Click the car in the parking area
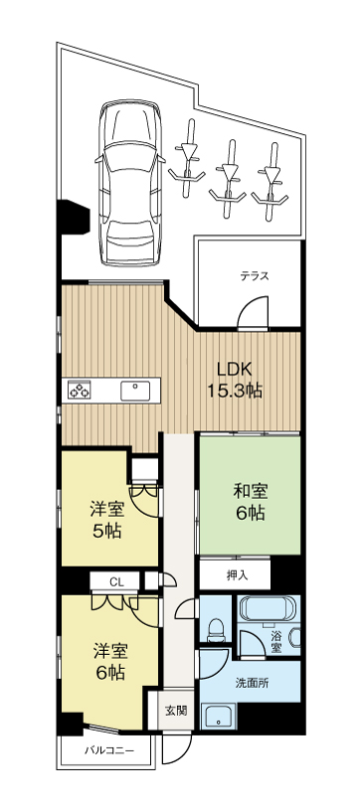click(130, 184)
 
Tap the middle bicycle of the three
click(228, 177)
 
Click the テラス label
click(255, 275)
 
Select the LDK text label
click(234, 370)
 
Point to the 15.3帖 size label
click(235, 391)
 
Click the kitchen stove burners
click(79, 391)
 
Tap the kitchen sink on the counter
click(135, 391)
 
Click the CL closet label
click(116, 581)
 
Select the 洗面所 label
click(252, 683)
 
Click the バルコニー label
click(109, 750)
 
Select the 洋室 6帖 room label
click(109, 661)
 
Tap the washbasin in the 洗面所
click(220, 717)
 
